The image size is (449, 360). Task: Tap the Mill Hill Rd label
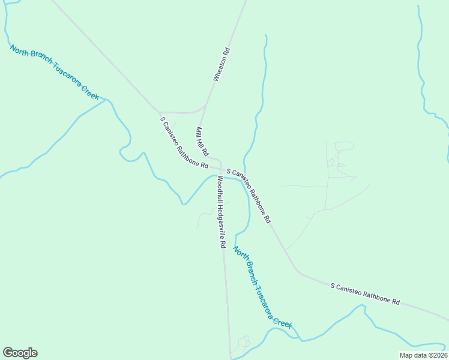tap(202, 141)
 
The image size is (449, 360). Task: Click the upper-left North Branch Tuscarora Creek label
tap(54, 72)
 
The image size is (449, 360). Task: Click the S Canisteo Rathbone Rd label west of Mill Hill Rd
tap(184, 142)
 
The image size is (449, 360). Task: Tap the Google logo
tap(20, 353)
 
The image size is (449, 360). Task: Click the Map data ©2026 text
tap(423, 355)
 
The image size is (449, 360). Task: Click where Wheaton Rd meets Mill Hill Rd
tap(205, 107)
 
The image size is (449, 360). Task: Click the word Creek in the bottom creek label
tap(283, 320)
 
